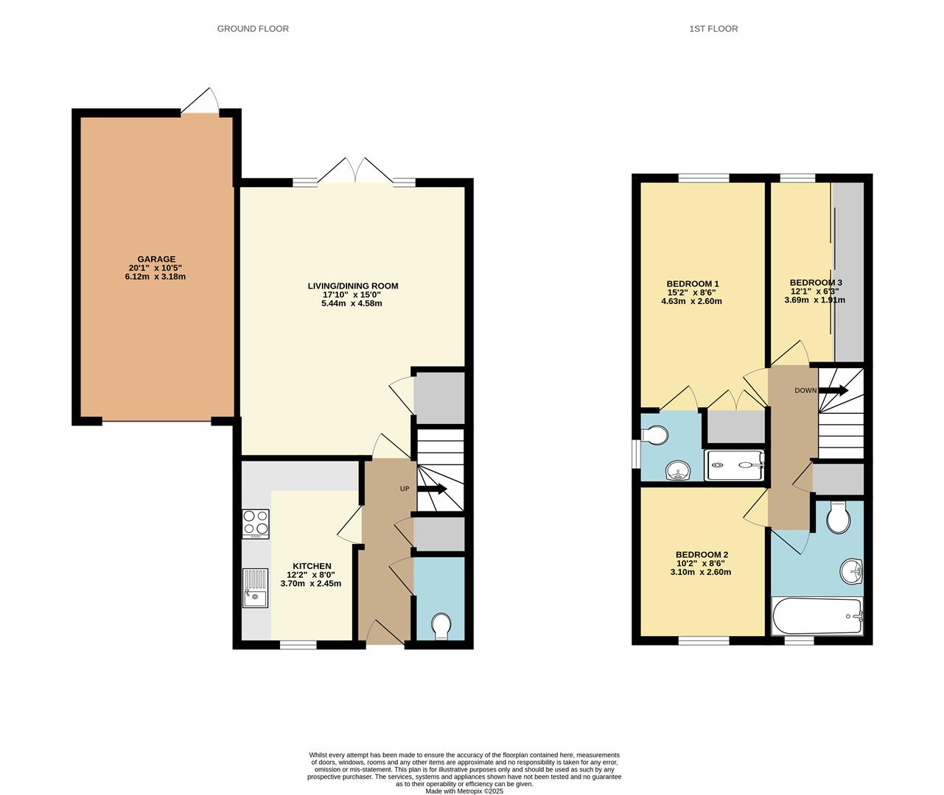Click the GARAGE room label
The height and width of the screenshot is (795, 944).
[x=156, y=259]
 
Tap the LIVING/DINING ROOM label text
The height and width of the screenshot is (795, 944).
[x=352, y=286]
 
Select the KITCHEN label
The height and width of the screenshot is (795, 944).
[x=310, y=566]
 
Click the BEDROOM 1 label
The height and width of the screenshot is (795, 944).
[x=692, y=283]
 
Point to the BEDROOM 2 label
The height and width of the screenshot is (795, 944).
[x=702, y=554]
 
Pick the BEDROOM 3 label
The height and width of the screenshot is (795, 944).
[x=815, y=282]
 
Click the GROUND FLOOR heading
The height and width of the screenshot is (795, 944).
[x=253, y=29]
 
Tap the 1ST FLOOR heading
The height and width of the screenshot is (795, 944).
[x=713, y=29]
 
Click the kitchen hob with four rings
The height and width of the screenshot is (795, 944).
[x=256, y=523]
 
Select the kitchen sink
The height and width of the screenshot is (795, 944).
[x=256, y=588]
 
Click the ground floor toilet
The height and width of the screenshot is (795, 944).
[x=441, y=626]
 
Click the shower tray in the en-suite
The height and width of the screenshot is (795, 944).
[x=735, y=465]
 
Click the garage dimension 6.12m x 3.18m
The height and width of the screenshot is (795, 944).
[x=156, y=277]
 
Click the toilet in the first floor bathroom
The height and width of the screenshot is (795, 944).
[x=838, y=518]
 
